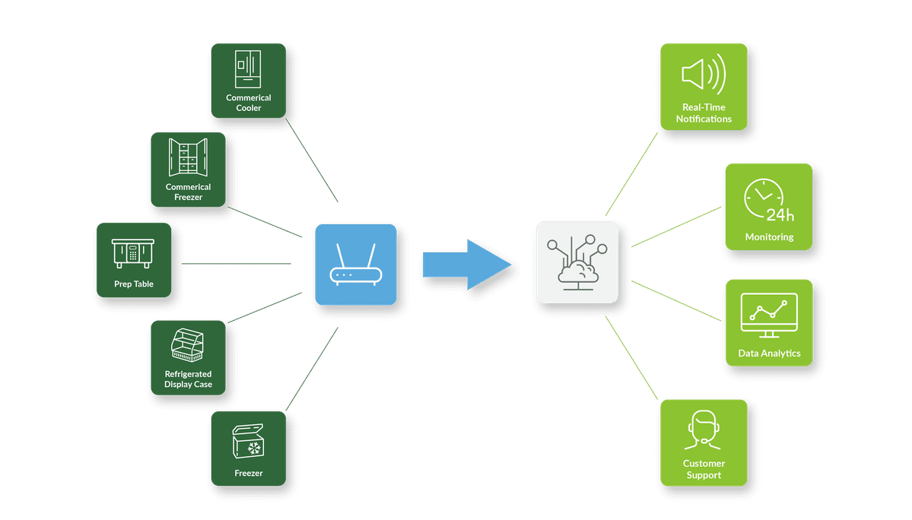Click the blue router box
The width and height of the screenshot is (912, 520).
355,264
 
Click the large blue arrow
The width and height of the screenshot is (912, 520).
466,265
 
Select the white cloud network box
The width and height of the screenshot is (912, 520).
577,262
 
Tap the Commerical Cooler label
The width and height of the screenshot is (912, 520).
248,103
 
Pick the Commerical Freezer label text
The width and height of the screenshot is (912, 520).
188,192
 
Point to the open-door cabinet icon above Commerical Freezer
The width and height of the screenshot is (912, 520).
188,157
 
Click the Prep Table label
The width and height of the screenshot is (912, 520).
134,284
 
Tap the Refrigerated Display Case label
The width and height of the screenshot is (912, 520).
188,379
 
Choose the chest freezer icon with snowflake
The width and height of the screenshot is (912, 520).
248,441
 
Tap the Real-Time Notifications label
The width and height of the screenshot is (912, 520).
704,113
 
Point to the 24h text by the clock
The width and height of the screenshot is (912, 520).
780,214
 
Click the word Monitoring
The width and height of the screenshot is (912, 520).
769,237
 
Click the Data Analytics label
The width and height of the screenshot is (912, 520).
769,354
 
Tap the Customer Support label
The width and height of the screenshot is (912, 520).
704,469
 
